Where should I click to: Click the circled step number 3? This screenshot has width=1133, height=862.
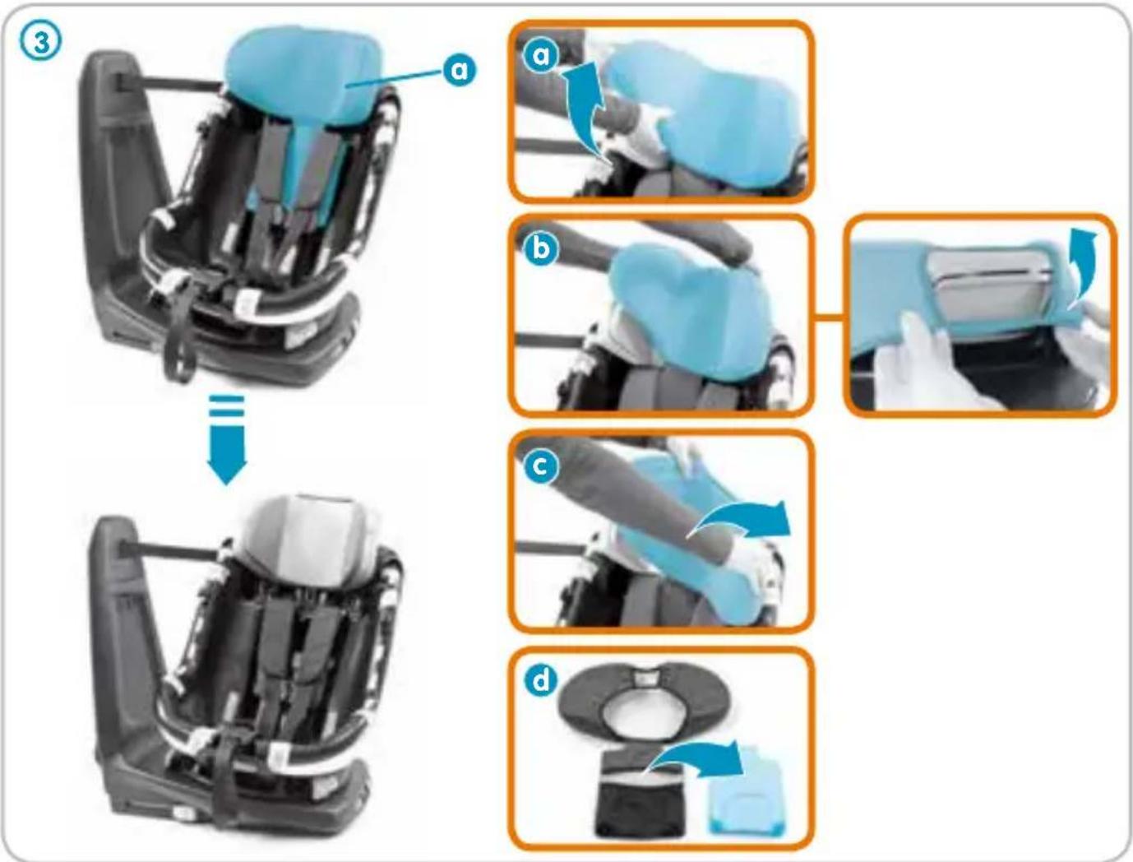[40, 41]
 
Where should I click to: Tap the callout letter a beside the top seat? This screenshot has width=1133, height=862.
[460, 70]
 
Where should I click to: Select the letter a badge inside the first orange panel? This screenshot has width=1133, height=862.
[540, 55]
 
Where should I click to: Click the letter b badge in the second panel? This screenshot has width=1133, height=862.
[540, 249]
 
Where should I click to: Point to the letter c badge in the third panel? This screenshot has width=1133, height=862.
[540, 466]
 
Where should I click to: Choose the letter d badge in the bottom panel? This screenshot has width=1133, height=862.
[540, 680]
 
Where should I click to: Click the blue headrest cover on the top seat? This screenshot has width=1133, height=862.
[304, 77]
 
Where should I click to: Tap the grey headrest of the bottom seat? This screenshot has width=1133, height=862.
[310, 537]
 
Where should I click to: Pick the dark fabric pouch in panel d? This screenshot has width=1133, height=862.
[645, 795]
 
